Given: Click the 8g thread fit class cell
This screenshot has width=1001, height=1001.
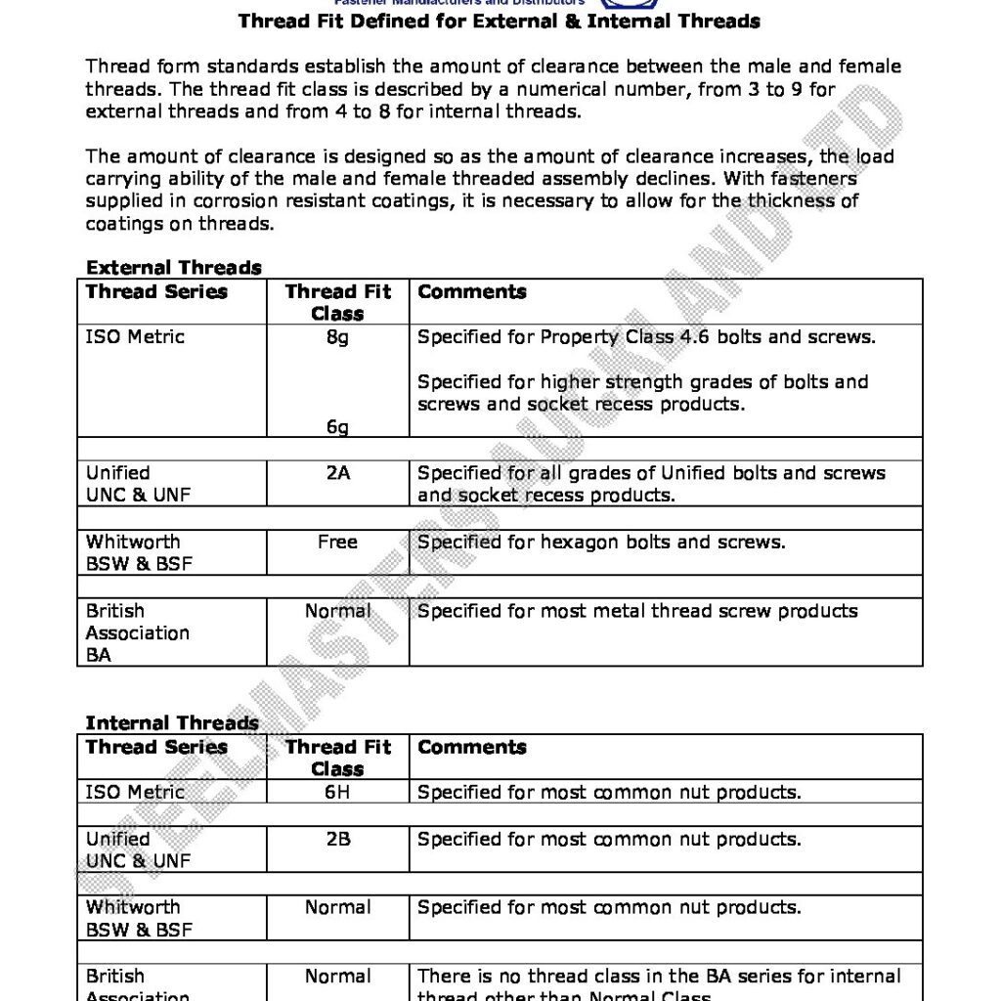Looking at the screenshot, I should click(x=337, y=337).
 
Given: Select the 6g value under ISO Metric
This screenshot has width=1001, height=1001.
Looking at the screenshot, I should click(x=337, y=427).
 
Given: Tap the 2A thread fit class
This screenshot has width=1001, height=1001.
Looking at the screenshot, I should click(x=337, y=473).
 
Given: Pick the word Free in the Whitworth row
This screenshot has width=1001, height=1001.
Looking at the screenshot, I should click(x=337, y=542).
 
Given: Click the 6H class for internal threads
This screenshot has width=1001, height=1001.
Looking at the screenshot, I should click(x=337, y=792).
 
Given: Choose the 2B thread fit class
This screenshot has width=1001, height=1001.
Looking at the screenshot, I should click(x=337, y=839).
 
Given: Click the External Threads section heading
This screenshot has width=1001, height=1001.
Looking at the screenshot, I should click(x=174, y=268).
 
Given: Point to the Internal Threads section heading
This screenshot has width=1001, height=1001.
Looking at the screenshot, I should click(x=172, y=723).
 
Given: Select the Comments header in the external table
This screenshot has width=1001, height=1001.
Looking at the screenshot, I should click(x=472, y=291).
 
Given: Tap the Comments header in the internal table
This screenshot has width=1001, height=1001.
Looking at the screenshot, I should click(x=472, y=747).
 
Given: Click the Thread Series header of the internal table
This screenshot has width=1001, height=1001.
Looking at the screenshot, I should click(x=156, y=747).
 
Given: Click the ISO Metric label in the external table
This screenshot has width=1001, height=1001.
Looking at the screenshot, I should click(x=135, y=337).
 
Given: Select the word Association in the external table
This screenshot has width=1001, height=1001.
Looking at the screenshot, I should click(x=138, y=632).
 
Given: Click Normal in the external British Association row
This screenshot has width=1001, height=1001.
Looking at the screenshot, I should click(x=337, y=611).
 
